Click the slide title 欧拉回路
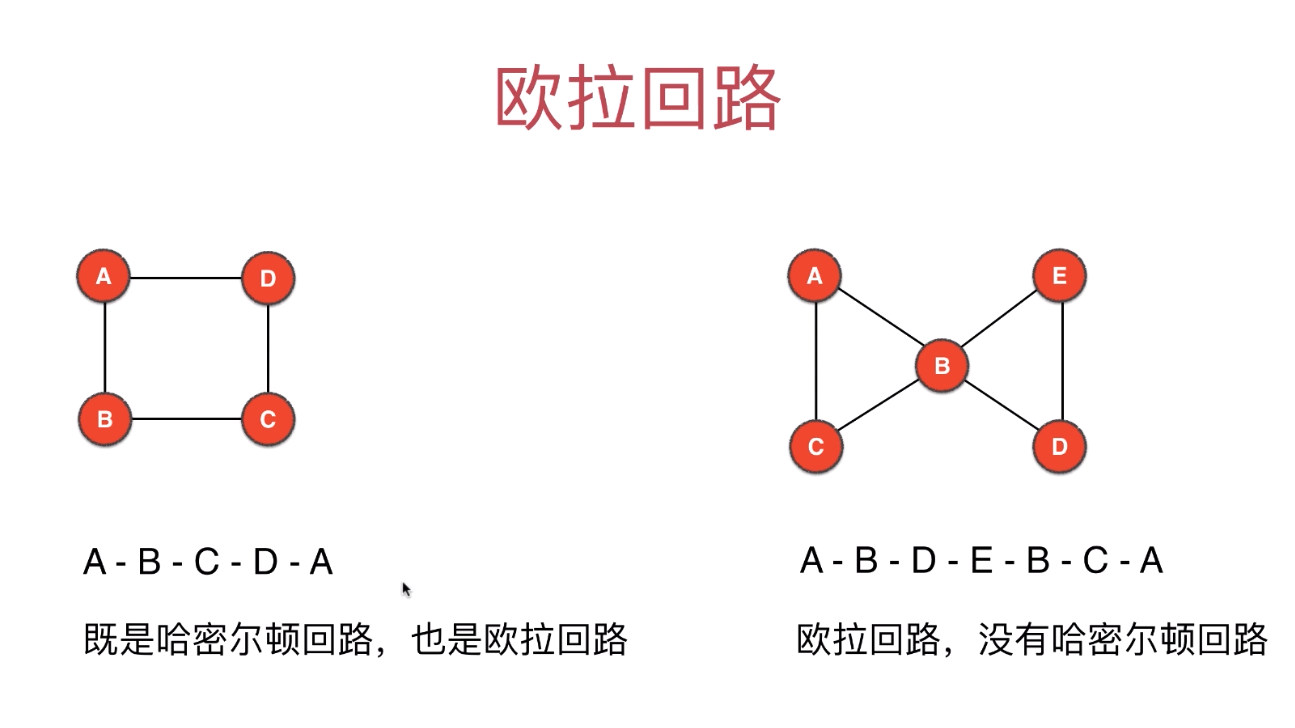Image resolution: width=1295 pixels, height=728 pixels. [x=637, y=99]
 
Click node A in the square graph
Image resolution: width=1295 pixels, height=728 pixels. [x=104, y=276]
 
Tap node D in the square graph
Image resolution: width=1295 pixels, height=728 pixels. [x=268, y=279]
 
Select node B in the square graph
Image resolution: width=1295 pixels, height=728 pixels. [x=104, y=419]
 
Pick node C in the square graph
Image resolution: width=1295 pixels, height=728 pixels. [x=268, y=419]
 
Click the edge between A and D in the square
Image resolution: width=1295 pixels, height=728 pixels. [x=186, y=278]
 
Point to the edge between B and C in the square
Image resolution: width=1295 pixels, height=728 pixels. [x=186, y=419]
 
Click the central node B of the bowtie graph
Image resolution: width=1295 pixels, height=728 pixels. [x=941, y=366]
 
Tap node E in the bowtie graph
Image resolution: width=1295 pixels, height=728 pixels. [x=1060, y=276]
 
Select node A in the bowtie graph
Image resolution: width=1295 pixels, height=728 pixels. [x=815, y=276]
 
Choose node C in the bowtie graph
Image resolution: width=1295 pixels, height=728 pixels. [x=816, y=446]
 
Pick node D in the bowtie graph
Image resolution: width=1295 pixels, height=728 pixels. [x=1060, y=446]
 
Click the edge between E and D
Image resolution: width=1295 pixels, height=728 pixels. [x=1061, y=361]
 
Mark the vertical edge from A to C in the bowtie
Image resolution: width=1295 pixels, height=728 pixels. [x=816, y=361]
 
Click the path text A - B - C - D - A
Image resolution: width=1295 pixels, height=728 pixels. [x=208, y=563]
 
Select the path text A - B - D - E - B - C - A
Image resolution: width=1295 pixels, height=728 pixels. [x=981, y=561]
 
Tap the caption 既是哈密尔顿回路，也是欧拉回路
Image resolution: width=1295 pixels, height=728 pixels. [x=355, y=639]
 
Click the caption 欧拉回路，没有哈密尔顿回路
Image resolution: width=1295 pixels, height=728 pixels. [x=1032, y=639]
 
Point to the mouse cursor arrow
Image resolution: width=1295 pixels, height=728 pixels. [x=407, y=589]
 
